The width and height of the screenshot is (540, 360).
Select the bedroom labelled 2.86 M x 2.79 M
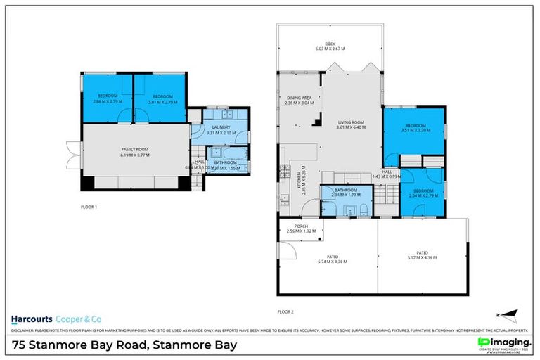pyautogui.click(x=107, y=98)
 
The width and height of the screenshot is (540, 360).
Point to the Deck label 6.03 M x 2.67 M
pyautogui.click(x=330, y=46)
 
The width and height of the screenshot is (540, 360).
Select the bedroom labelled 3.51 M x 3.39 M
pyautogui.click(x=414, y=128)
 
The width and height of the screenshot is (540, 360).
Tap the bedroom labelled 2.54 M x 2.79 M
pyautogui.click(x=423, y=193)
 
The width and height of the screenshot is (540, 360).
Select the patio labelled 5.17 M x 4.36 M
pyautogui.click(x=422, y=255)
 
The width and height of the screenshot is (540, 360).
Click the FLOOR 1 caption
pyautogui.click(x=89, y=207)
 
